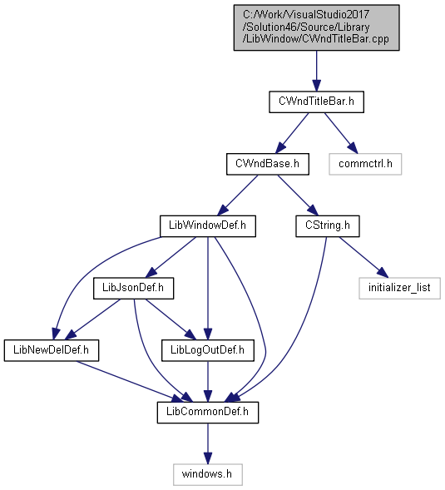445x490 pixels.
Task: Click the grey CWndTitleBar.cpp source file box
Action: [316, 27]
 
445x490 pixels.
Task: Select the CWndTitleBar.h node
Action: [316, 101]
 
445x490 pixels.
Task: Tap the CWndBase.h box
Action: [268, 164]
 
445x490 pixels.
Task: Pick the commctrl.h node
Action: [365, 164]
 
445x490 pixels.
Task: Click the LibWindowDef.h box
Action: [208, 225]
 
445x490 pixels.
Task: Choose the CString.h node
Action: [328, 225]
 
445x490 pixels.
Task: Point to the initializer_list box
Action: [400, 288]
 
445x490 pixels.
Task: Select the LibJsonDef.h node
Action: [133, 288]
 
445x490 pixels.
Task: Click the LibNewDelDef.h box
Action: [52, 350]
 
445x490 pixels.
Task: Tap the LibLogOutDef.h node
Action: [208, 350]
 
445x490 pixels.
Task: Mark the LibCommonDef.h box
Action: [208, 412]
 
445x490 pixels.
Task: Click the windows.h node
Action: [208, 474]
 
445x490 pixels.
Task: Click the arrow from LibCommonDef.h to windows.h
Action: [208, 443]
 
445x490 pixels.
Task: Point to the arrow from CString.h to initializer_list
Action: [363, 257]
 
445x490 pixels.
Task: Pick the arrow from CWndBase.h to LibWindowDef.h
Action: [238, 195]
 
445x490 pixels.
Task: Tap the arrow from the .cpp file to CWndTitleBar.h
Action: [317, 71]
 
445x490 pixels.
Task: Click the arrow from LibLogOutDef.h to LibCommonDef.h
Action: [208, 382]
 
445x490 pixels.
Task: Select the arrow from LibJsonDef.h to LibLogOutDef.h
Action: [171, 319]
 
